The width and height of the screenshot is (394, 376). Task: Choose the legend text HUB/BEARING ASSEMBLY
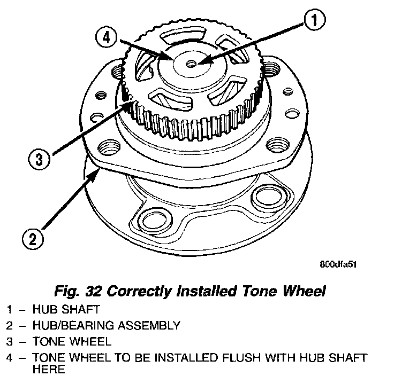click(x=105, y=325)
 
